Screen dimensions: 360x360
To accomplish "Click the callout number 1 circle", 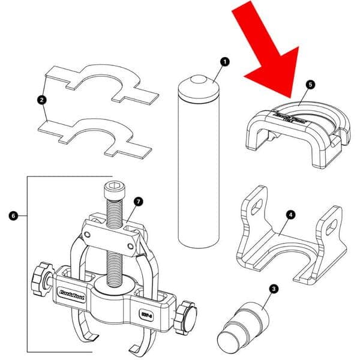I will coord(224,61).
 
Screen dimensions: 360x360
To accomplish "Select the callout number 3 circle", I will coord(274,290).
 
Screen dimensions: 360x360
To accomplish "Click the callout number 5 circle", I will coord(309,85).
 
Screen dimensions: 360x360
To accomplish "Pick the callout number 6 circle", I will coord(14,214).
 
